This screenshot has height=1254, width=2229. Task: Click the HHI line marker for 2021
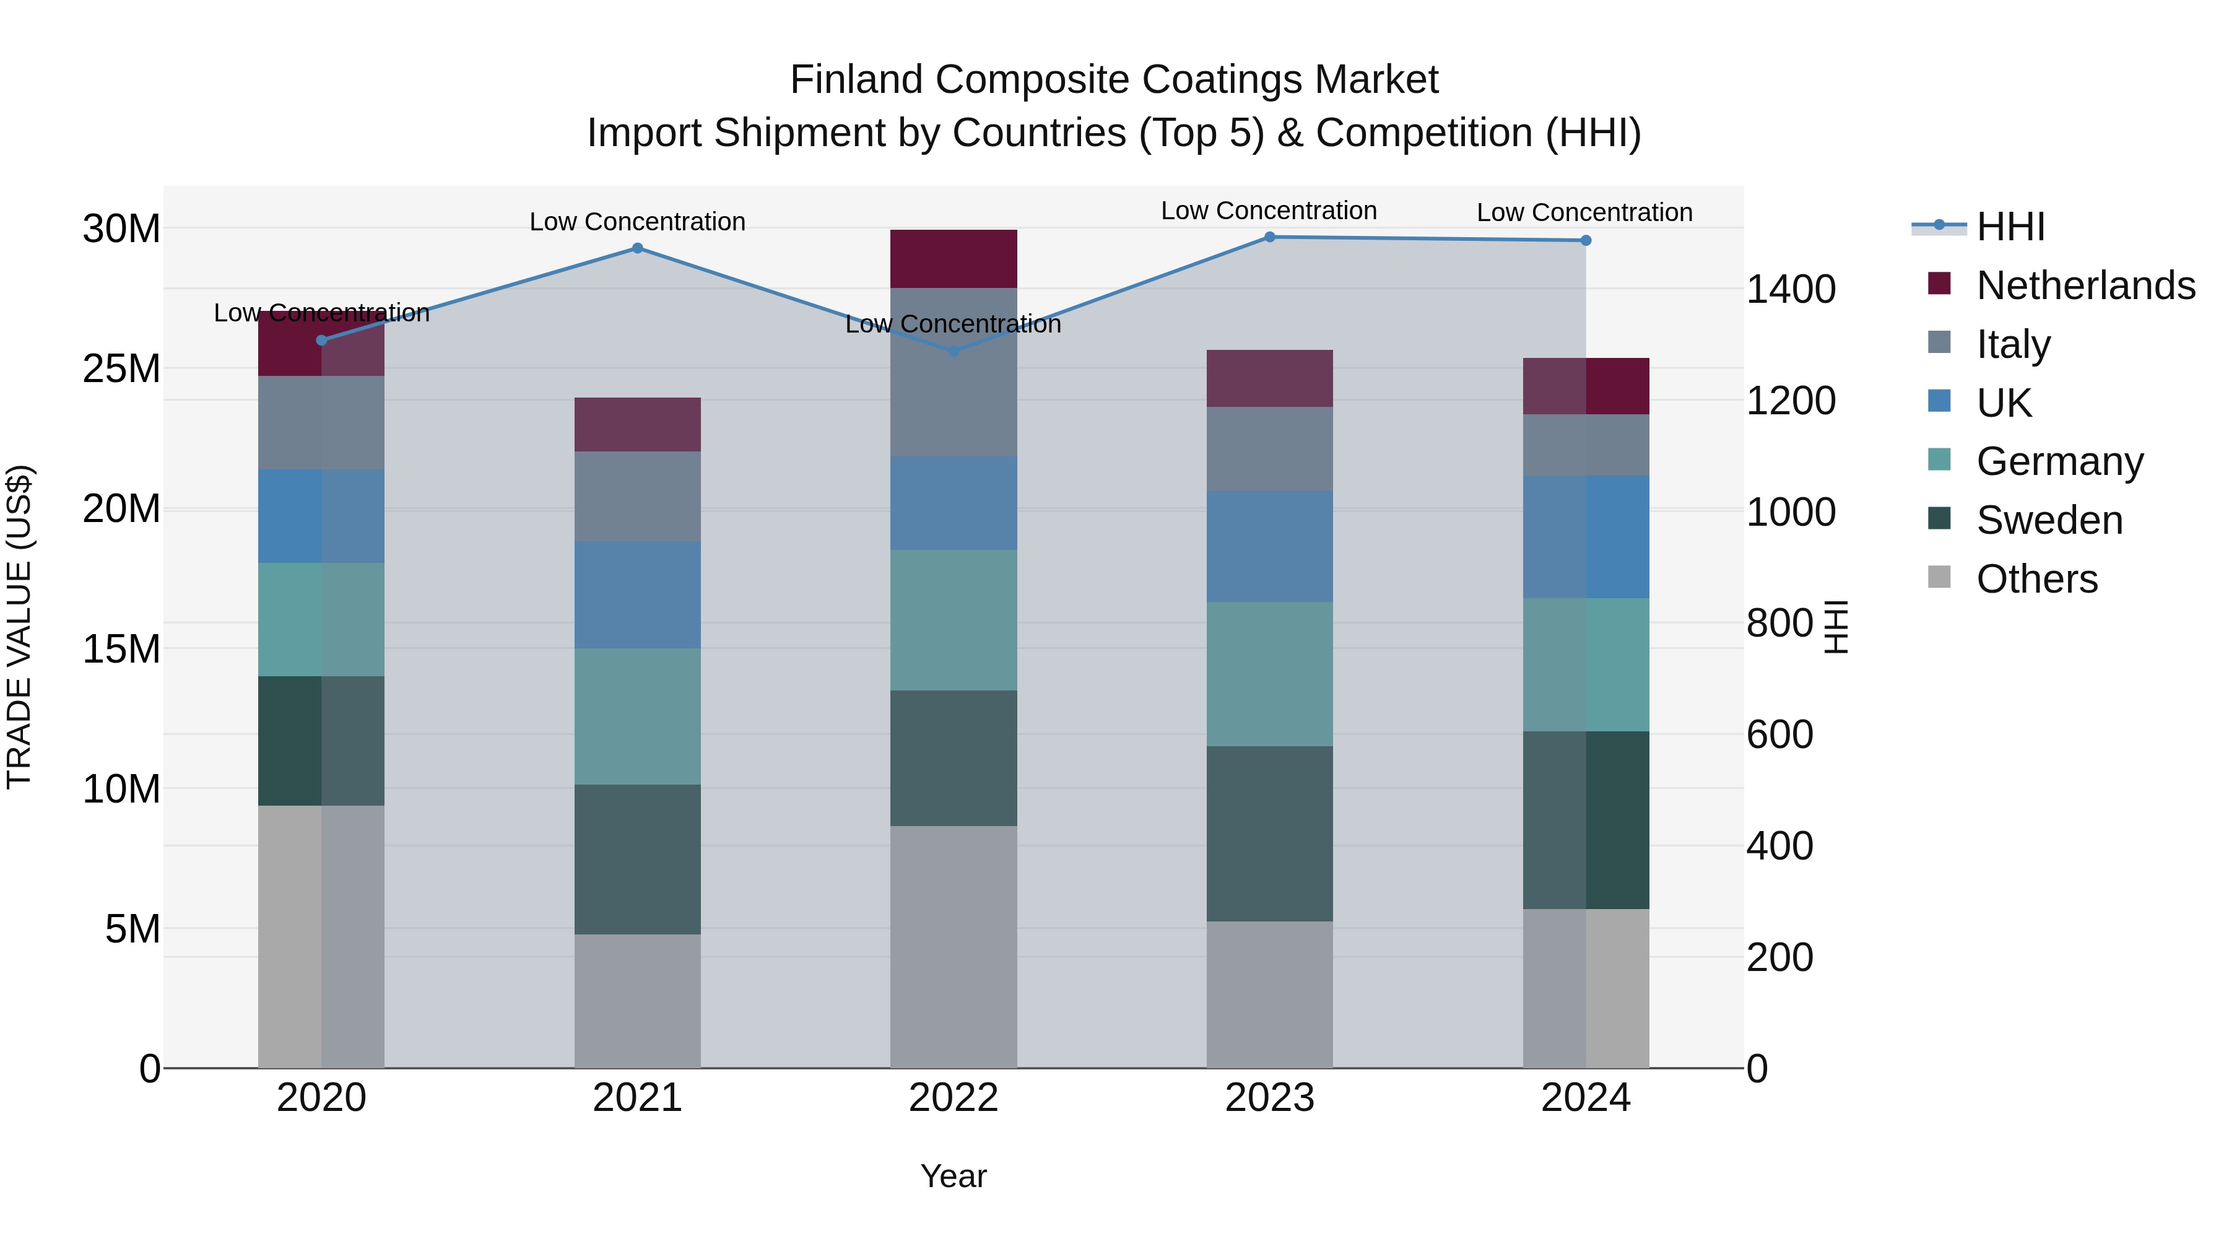pyautogui.click(x=637, y=248)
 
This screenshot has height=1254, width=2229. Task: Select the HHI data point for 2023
pyautogui.click(x=1269, y=237)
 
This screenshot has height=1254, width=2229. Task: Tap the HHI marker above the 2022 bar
pyautogui.click(x=954, y=351)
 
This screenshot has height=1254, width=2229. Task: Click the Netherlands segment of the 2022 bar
pyautogui.click(x=954, y=259)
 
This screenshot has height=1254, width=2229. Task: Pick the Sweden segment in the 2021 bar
pyautogui.click(x=637, y=860)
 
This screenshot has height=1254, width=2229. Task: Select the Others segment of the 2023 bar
pyautogui.click(x=1269, y=995)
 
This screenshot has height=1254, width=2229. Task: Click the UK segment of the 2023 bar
pyautogui.click(x=1269, y=547)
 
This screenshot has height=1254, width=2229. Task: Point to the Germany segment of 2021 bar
pyautogui.click(x=637, y=716)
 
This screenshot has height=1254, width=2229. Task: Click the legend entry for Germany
pyautogui.click(x=2059, y=461)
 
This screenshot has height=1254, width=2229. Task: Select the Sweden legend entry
pyautogui.click(x=2049, y=520)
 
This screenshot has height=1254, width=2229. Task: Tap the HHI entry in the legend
pyautogui.click(x=2010, y=227)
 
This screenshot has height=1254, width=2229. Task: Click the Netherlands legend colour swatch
pyautogui.click(x=1939, y=284)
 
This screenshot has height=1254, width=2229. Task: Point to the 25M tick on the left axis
pyautogui.click(x=121, y=368)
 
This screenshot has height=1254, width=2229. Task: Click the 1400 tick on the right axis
pyautogui.click(x=1790, y=289)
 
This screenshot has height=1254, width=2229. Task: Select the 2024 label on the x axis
pyautogui.click(x=1585, y=1098)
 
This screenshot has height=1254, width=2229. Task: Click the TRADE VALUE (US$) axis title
pyautogui.click(x=19, y=627)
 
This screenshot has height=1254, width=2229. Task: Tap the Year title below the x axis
pyautogui.click(x=953, y=1176)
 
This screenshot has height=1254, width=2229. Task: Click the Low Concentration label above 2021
pyautogui.click(x=637, y=222)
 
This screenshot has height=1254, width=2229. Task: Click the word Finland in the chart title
pyautogui.click(x=857, y=80)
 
